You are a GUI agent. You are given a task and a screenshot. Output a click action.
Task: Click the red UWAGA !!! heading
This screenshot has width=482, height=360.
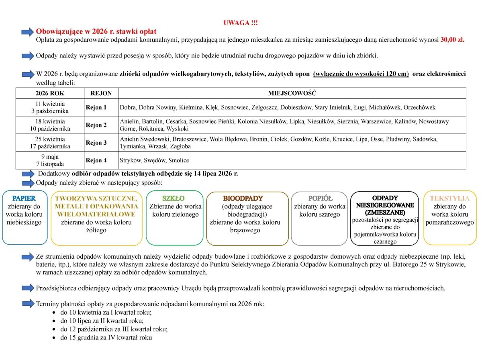click(241, 23)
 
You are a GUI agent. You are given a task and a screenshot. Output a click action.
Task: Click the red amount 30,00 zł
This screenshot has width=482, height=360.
click(452, 40)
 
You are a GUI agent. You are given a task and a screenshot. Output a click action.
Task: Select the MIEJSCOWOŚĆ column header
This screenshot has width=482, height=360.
click(292, 93)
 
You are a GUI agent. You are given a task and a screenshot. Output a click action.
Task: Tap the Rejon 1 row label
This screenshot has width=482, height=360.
click(96, 108)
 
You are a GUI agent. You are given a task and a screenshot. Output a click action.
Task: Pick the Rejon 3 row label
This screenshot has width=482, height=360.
click(96, 143)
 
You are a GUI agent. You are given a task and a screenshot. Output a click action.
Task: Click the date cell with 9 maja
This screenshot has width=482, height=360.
click(50, 157)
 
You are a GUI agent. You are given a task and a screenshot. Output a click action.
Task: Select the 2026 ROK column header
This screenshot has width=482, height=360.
click(50, 93)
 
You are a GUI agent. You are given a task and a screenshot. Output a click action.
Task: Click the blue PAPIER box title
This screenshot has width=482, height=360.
click(24, 198)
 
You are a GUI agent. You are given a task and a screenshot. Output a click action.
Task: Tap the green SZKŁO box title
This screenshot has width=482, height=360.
click(174, 198)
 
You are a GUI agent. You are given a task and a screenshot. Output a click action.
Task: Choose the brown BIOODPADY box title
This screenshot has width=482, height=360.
click(243, 198)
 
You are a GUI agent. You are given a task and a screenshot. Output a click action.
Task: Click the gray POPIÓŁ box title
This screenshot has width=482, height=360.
click(320, 198)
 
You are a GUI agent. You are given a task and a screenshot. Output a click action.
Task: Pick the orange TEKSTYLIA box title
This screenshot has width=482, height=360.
click(449, 198)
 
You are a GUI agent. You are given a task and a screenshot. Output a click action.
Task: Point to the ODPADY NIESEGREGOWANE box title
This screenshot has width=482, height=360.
click(385, 205)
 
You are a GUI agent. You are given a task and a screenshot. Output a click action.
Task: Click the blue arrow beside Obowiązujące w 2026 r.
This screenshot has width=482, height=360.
click(28, 31)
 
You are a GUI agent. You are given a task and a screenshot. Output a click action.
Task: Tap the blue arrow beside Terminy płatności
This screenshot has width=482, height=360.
click(28, 304)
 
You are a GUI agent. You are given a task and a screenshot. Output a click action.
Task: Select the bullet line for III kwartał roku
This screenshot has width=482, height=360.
click(114, 329)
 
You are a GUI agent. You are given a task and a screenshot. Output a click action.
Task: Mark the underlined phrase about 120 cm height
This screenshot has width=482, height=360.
click(361, 74)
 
